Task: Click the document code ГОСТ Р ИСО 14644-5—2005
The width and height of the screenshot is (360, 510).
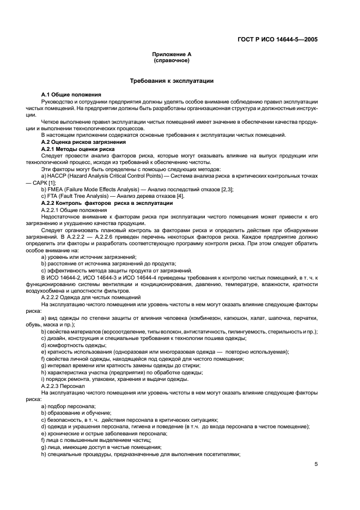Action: click(278, 39)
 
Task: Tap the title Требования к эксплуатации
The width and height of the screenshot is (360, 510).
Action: click(171, 81)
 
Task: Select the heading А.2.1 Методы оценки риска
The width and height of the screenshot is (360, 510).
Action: click(77, 148)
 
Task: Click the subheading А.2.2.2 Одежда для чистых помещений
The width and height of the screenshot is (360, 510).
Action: click(90, 297)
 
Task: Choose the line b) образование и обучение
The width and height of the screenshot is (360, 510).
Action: click(75, 413)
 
